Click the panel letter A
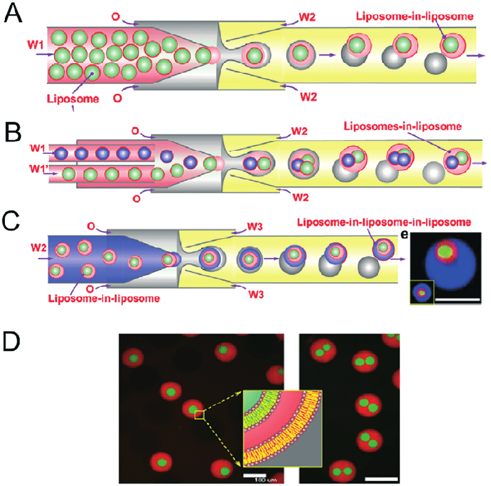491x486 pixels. (x=13, y=13)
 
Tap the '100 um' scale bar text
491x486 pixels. (x=255, y=480)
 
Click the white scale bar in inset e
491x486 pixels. (x=457, y=299)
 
